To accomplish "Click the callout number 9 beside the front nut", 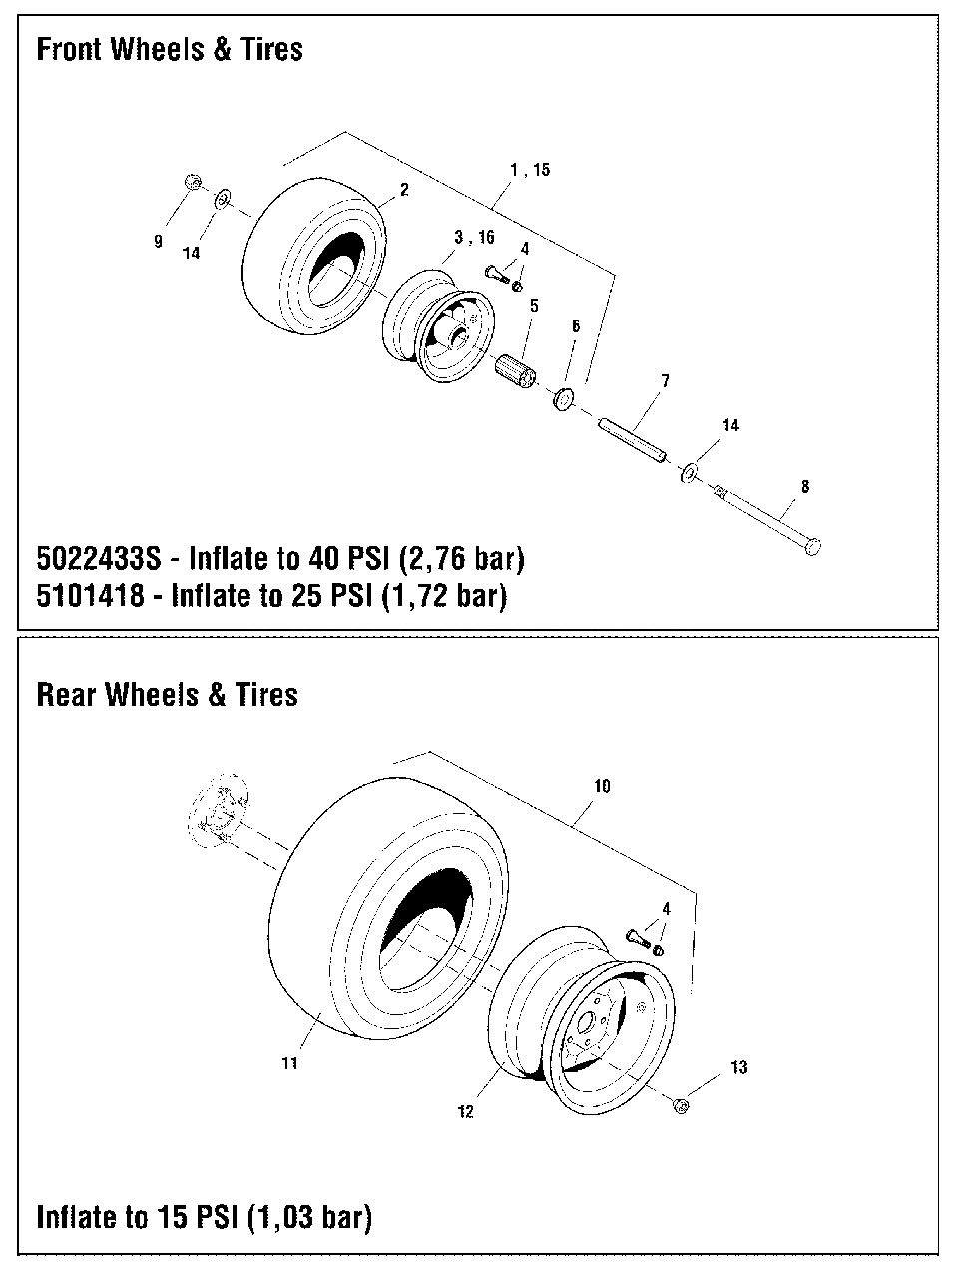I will click(158, 241).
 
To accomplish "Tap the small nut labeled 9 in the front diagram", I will click(192, 183).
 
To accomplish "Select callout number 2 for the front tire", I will click(405, 190).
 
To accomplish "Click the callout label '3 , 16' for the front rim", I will click(473, 238).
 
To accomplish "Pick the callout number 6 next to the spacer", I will click(575, 326).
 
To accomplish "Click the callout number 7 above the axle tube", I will click(665, 381).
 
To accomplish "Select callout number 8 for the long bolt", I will click(805, 487).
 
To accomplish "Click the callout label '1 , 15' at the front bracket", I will click(530, 170).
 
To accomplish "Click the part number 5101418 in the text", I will click(96, 597).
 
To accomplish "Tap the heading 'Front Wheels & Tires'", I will click(170, 49).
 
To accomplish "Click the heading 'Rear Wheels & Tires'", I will click(167, 695).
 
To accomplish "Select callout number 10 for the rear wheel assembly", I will click(602, 786).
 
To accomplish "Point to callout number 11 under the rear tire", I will click(289, 1064).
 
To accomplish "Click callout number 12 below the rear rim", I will click(466, 1111).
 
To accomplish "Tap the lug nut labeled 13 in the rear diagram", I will click(680, 1104).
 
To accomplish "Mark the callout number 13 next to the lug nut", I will click(738, 1068).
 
